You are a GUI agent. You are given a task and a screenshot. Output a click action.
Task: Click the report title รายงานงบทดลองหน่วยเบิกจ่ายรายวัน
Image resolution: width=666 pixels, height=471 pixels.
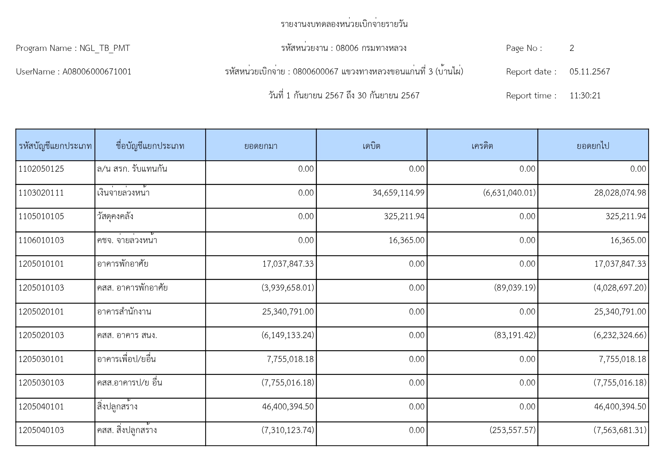coord(344,24)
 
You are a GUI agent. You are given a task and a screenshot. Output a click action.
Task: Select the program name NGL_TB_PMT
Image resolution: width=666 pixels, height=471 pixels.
coord(104,48)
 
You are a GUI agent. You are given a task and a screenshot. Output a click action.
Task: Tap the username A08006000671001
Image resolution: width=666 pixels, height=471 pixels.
coord(97,72)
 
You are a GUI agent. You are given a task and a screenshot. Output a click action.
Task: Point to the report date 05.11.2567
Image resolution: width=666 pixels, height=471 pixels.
coord(589,72)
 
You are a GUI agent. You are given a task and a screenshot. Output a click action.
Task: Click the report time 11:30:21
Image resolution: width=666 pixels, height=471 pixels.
coord(585,96)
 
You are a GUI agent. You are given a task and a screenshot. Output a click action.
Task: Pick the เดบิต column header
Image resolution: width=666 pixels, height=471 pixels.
coord(371,146)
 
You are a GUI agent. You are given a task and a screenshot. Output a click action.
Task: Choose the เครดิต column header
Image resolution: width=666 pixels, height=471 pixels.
coord(482,146)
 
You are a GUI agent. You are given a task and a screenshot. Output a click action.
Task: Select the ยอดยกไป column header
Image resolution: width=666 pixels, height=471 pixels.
coord(593,146)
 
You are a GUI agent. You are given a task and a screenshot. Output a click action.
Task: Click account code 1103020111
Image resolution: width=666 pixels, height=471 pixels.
coord(41,193)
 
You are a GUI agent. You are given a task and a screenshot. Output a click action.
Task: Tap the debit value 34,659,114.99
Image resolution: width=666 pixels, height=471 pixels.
coord(398,193)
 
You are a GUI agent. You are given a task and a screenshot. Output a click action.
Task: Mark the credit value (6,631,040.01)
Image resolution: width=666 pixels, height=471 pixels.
coord(509,193)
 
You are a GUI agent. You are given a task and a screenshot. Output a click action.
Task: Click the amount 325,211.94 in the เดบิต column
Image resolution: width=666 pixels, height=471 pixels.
coord(404,217)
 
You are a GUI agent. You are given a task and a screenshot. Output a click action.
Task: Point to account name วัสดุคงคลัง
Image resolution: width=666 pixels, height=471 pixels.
coord(115,217)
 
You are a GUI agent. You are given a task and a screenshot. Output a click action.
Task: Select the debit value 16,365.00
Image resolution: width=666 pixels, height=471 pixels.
coord(406,240)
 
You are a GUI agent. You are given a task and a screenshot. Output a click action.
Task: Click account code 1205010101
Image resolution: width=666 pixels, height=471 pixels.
coord(41,264)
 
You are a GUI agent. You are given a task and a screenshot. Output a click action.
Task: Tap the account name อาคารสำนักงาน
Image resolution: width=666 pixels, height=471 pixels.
coord(124,312)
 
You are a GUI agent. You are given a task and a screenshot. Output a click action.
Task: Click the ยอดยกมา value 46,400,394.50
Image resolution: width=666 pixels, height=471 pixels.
coord(288,407)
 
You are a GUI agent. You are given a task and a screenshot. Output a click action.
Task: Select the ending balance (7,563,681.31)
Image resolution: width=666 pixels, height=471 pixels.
coord(620,430)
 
